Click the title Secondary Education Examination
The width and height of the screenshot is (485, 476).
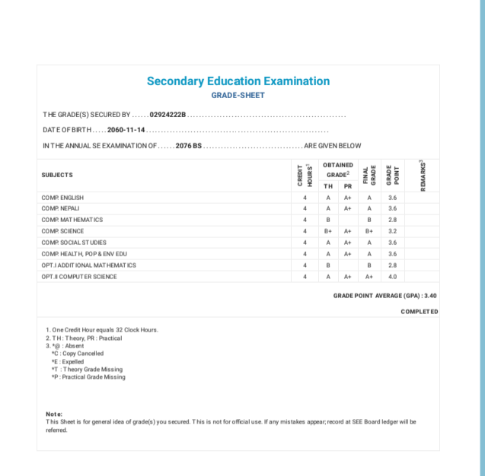[238, 81]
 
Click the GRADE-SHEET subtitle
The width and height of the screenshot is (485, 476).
[238, 96]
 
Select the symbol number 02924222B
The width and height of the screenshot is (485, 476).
[168, 115]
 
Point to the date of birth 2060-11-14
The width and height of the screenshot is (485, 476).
[126, 130]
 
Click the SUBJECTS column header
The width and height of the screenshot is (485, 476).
[57, 175]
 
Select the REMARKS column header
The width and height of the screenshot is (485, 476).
[422, 175]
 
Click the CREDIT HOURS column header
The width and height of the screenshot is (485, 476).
[304, 175]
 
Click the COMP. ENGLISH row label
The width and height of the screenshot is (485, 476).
[62, 197]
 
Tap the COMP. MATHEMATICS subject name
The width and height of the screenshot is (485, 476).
[72, 220]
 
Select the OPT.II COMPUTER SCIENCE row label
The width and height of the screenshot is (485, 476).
[79, 277]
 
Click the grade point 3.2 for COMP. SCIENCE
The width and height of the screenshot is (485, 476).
[392, 231]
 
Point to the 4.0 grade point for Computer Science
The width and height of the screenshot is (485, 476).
[392, 277]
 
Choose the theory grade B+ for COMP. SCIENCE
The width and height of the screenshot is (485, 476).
[328, 231]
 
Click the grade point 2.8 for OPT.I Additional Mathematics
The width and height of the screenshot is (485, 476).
[392, 265]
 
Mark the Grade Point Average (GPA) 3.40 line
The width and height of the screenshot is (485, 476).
[384, 295]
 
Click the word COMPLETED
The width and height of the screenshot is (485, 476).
[419, 312]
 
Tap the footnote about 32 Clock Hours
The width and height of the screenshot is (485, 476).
[101, 330]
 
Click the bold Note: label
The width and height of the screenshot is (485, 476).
[54, 414]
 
